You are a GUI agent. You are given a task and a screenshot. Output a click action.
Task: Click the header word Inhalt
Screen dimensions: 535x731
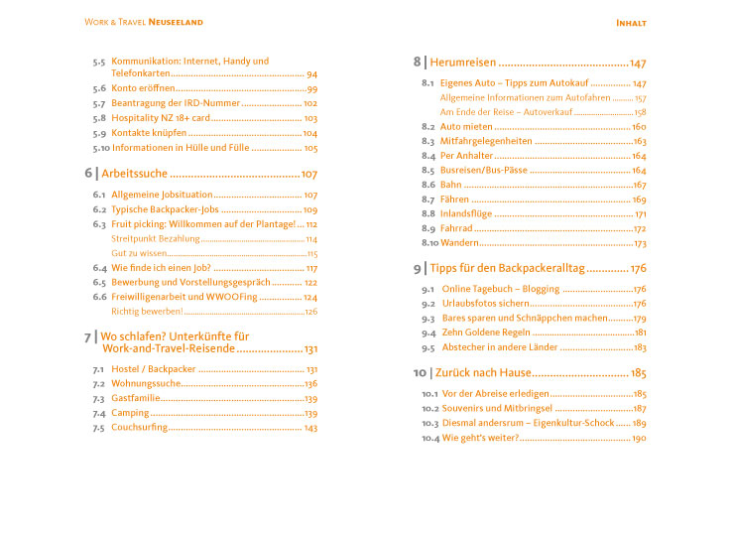pyautogui.click(x=632, y=22)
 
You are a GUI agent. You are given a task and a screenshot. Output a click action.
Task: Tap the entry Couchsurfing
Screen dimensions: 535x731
pyautogui.click(x=139, y=428)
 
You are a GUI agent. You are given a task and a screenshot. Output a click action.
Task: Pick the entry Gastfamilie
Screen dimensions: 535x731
pyautogui.click(x=135, y=398)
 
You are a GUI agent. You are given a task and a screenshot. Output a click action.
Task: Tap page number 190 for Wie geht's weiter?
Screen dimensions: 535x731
pyautogui.click(x=639, y=438)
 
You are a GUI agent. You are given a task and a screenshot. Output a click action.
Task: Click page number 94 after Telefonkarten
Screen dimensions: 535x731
pyautogui.click(x=311, y=74)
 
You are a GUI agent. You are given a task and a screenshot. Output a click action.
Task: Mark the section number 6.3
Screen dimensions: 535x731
pyautogui.click(x=99, y=224)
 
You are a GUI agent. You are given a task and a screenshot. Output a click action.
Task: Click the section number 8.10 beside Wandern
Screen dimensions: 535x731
pyautogui.click(x=428, y=243)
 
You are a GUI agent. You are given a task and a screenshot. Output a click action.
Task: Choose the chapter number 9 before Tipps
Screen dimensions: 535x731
pyautogui.click(x=418, y=268)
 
